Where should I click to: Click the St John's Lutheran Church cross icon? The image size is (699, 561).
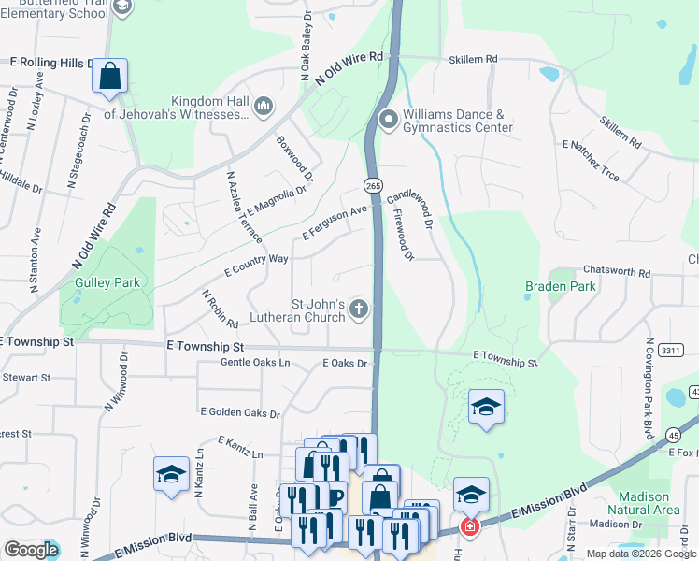(359, 311)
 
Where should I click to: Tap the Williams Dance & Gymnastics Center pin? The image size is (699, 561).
(389, 120)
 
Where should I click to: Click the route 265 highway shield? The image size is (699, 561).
(373, 186)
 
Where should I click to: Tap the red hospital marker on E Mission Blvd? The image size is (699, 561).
(469, 528)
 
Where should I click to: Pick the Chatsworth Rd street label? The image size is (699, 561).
(613, 270)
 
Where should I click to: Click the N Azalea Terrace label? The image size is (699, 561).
(244, 207)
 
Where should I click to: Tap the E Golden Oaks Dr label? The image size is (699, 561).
(239, 411)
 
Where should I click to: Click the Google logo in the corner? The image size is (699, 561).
(31, 550)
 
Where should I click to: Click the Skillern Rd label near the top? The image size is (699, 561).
(472, 59)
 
